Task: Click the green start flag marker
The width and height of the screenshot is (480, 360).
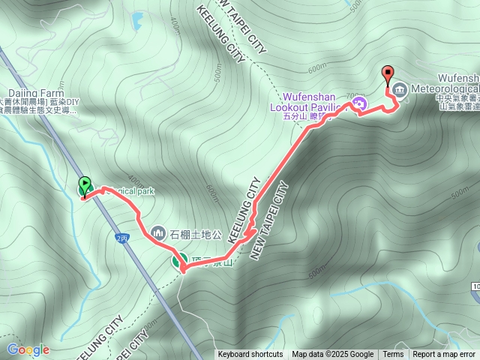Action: coord(85,185)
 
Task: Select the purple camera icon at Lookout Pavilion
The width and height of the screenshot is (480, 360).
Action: coord(359,103)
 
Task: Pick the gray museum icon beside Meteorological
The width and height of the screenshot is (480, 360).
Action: coord(398,90)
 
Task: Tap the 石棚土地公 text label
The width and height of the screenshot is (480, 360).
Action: coord(196,233)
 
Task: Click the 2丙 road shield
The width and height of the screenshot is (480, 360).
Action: coord(122,237)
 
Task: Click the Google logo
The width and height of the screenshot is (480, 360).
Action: coord(28,349)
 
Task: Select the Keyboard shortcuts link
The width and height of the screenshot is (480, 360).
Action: coord(250,355)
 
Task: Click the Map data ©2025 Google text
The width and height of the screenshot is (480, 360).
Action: coord(332,355)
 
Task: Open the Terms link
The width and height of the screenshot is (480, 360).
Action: coord(393,355)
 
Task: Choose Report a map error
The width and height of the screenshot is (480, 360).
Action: coord(444,355)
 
